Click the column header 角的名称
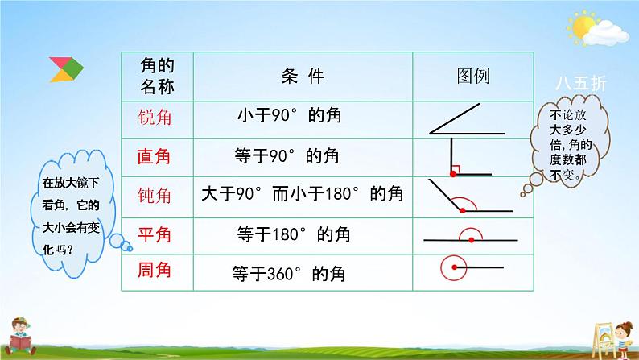[x=157, y=76]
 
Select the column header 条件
[x=303, y=76]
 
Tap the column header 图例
[x=473, y=76]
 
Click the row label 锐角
[x=155, y=118]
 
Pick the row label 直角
[x=154, y=156]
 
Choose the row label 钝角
[x=154, y=196]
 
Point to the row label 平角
[x=154, y=235]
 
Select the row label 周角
[x=154, y=270]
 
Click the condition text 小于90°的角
[x=290, y=115]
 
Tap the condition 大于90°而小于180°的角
[x=303, y=193]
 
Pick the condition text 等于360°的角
[x=289, y=274]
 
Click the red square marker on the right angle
[x=456, y=169]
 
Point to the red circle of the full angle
[x=441, y=268]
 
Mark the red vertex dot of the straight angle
[x=471, y=240]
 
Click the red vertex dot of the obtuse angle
[x=462, y=210]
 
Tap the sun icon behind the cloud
[x=582, y=26]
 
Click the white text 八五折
[x=581, y=84]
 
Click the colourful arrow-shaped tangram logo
[x=67, y=69]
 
